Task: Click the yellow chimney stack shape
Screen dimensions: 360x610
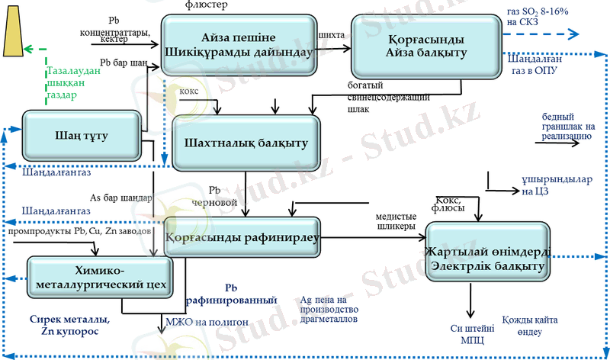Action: coord(14,34)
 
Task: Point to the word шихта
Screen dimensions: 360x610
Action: coord(332,35)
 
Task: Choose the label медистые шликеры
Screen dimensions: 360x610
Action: coord(396,220)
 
